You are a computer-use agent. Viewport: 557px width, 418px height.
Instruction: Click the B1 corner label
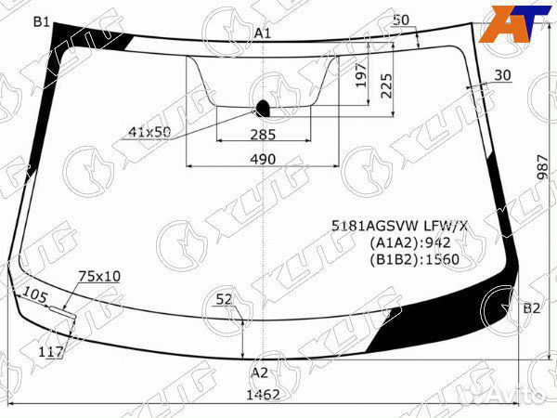pos(42,21)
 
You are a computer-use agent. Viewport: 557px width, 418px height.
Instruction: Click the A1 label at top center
pos(263,33)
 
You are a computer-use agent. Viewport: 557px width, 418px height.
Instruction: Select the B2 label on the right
pos(531,308)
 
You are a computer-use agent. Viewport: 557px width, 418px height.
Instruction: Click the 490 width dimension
pos(264,159)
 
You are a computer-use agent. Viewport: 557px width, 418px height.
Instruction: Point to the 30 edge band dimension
pos(502,75)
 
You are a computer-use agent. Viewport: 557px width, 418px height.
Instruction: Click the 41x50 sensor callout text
pos(149,132)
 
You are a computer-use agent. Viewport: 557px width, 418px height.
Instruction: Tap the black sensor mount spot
pos(262,107)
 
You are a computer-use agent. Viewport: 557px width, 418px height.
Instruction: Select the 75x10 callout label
pos(99,276)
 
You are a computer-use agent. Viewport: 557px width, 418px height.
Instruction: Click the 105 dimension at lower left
pos(34,295)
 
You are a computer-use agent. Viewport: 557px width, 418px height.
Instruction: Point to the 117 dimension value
pos(52,351)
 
